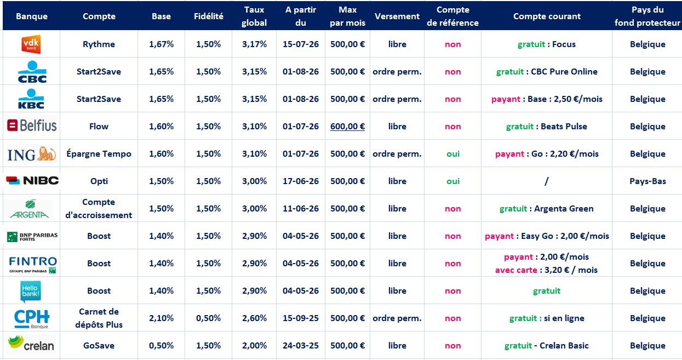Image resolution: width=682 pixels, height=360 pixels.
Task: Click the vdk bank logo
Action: tap(31, 44)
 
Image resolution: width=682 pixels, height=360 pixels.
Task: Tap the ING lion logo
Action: tap(32, 154)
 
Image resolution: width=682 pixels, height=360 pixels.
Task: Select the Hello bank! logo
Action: tap(31, 292)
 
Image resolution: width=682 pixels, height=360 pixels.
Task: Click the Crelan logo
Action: tap(31, 344)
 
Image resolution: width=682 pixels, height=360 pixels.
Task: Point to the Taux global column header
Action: tap(254, 16)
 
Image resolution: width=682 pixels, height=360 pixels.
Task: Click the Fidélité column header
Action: tap(209, 16)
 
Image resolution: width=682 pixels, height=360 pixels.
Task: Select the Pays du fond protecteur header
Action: tap(647, 16)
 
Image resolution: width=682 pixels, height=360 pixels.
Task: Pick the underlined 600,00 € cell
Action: tap(347, 127)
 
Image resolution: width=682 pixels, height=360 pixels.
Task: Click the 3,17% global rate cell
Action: tap(254, 44)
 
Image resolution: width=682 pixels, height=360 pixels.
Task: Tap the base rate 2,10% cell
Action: tap(161, 318)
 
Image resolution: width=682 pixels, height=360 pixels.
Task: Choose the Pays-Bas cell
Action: tap(647, 181)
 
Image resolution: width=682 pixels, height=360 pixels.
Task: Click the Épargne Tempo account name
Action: tap(99, 154)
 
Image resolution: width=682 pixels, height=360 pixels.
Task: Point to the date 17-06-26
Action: tap(301, 181)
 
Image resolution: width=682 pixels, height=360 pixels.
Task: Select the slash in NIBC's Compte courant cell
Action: tap(547, 181)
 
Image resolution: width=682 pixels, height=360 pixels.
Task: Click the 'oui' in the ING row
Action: tap(452, 154)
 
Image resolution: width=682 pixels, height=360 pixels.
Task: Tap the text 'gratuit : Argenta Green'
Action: tap(547, 209)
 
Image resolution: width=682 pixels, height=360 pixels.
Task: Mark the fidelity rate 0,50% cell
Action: tap(208, 318)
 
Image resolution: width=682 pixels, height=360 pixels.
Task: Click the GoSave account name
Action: tap(99, 346)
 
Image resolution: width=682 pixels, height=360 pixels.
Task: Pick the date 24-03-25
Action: tap(301, 346)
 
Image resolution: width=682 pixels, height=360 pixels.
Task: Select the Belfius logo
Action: tap(32, 125)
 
